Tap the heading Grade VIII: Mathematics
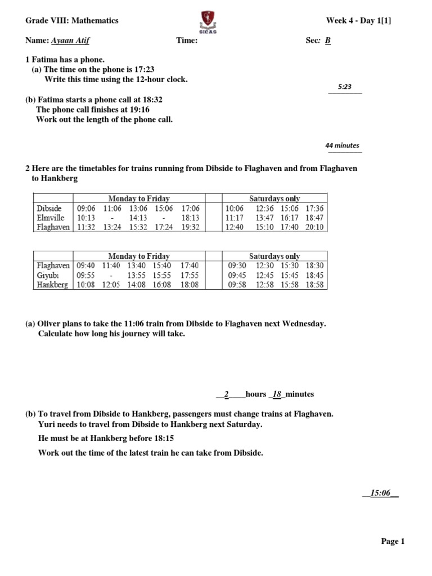click(72, 20)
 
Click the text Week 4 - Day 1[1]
click(358, 20)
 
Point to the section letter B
click(328, 40)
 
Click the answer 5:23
click(345, 87)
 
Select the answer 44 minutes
click(342, 145)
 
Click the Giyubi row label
click(48, 275)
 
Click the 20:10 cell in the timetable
click(315, 227)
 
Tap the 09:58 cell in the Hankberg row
click(237, 285)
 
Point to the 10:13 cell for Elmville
click(87, 218)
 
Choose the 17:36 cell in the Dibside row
click(315, 208)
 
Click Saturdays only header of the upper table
click(274, 199)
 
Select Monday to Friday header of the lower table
click(139, 256)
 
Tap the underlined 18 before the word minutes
click(277, 394)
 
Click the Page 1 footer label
click(393, 541)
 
